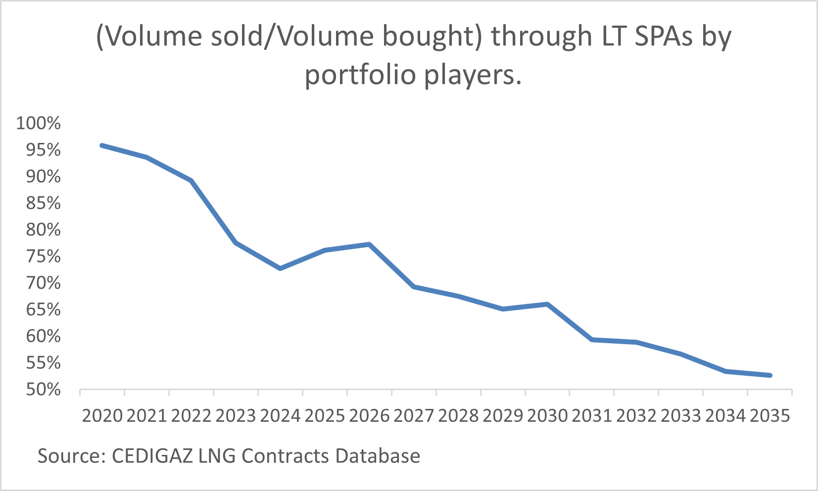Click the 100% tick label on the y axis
(x=38, y=123)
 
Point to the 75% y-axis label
(x=43, y=256)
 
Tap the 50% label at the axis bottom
(x=43, y=390)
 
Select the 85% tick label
(x=43, y=203)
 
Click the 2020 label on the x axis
(x=102, y=416)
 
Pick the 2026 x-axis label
(x=369, y=416)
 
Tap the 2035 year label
(x=770, y=416)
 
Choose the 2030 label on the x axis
(x=547, y=416)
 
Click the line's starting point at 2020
(x=102, y=145)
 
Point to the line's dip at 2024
(x=280, y=268)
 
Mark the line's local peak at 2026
(x=369, y=244)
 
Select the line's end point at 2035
(x=770, y=375)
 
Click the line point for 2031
(x=592, y=340)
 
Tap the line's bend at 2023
(x=236, y=243)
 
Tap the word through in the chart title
(x=541, y=37)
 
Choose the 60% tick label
(x=43, y=336)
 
